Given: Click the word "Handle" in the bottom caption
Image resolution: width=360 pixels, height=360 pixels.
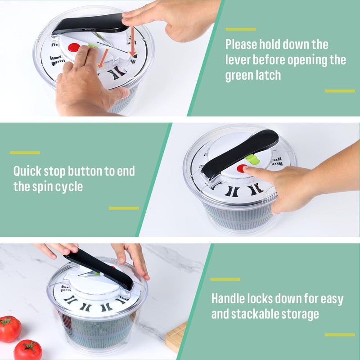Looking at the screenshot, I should (x=231, y=298).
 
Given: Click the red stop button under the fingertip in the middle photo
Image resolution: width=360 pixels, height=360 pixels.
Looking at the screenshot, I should (x=242, y=169).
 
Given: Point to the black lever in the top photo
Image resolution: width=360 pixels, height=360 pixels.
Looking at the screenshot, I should (x=90, y=23).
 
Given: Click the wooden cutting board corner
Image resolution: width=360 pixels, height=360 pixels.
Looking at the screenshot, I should (x=176, y=337).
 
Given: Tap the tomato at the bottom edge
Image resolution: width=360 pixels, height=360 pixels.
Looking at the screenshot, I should (x=27, y=350).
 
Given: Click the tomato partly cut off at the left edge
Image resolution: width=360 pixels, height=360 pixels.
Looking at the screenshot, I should (x=9, y=328).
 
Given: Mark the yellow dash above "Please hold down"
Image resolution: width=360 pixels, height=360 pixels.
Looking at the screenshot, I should (x=240, y=29).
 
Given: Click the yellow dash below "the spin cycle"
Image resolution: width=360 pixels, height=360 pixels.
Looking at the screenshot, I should (x=124, y=208).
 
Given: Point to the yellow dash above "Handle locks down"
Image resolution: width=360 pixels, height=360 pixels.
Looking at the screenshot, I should (x=225, y=279).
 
